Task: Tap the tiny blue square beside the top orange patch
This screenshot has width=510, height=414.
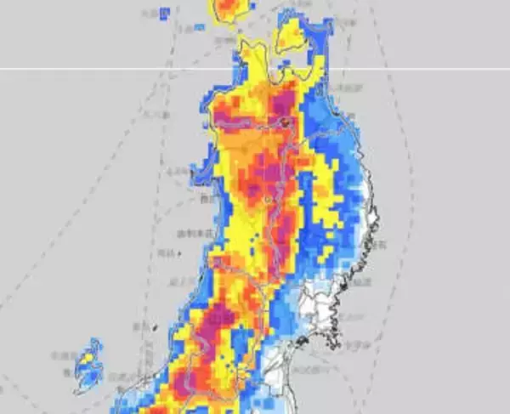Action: coord(201,26)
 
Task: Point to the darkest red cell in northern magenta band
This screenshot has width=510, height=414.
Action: coord(286,122)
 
